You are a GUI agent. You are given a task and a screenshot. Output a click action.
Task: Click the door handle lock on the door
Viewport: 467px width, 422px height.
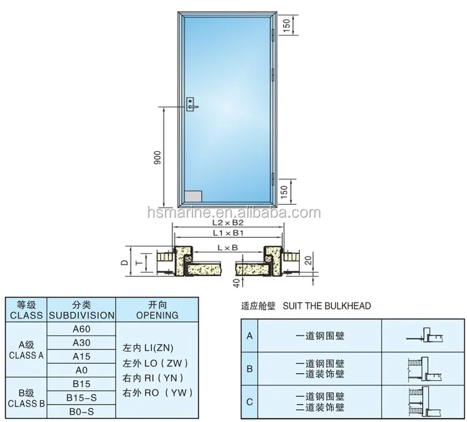pos(192,103)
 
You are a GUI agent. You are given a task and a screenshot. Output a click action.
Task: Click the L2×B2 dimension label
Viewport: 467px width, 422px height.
pos(228,222)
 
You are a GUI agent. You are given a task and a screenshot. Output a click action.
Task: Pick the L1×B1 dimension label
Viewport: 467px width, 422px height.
pos(228,233)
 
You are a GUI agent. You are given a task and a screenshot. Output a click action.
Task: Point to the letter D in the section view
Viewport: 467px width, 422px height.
pos(125,262)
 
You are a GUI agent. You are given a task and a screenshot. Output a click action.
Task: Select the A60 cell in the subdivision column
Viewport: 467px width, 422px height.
pos(82,329)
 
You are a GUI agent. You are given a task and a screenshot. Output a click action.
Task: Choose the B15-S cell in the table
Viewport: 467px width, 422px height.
pos(82,397)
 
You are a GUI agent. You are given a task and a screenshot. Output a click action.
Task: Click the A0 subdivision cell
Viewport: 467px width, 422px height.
pos(82,370)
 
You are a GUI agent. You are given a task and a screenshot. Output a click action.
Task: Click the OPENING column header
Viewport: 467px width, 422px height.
pos(156,309)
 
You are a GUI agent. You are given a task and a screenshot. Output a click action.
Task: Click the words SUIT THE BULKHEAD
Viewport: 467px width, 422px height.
pos(327,306)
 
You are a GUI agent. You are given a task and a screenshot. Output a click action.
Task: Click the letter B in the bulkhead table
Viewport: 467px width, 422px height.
pos(250,368)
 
